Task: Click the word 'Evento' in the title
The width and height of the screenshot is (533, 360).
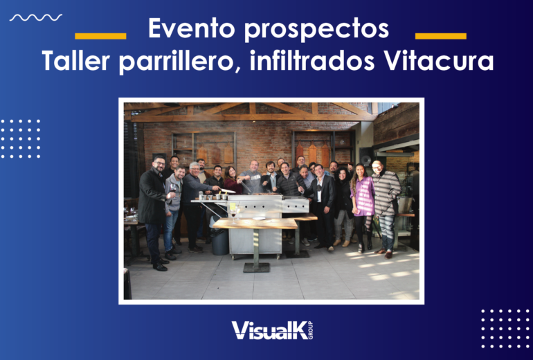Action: [192, 28]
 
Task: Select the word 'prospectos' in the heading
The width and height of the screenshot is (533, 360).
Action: [316, 30]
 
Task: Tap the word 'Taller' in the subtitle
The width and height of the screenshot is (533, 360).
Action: [76, 60]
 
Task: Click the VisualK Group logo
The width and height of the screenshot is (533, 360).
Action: [272, 330]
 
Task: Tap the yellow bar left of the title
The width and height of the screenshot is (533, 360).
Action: [100, 36]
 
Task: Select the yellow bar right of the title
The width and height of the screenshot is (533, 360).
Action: [440, 36]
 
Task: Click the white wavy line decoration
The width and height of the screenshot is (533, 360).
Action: [36, 17]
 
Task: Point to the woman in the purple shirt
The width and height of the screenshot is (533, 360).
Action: [363, 206]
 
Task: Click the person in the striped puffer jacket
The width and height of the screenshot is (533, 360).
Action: [386, 208]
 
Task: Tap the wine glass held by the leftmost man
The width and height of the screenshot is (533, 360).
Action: [173, 189]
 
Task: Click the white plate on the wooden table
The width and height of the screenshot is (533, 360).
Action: [259, 218]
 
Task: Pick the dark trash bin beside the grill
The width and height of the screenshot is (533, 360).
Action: [220, 242]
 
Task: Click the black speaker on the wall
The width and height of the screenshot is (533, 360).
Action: [365, 157]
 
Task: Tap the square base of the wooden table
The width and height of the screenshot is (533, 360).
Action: [257, 267]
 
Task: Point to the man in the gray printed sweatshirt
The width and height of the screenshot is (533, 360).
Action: [251, 177]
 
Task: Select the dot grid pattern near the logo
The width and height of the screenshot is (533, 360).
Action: [505, 329]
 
